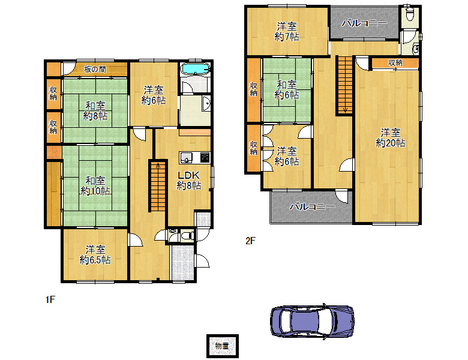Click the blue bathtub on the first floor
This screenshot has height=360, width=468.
coord(195,68)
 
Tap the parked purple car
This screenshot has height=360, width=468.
coord(312,322)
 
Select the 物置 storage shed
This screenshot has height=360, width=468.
coord(223,346)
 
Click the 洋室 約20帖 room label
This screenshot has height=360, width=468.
coord(391,138)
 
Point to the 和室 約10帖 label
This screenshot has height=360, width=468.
coord(95,185)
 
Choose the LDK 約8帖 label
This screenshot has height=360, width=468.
coord(189,180)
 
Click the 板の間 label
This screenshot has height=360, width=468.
coord(95,70)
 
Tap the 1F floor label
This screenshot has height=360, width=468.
coord(50,299)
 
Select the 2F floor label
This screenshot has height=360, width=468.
coord(250,241)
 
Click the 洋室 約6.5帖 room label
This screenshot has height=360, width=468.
coord(95,255)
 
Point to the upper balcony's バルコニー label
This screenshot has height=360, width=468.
coord(364,23)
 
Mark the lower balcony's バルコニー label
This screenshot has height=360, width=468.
coord(313,206)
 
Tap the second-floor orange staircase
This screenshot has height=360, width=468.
coord(346,85)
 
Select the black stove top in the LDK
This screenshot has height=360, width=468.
coord(205,157)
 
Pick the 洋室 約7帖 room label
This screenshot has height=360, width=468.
coord(287,32)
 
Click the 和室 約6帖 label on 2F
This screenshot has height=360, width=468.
coord(287,90)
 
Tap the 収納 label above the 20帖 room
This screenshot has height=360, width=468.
coord(395,63)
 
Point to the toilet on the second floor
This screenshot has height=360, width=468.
coord(410,13)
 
